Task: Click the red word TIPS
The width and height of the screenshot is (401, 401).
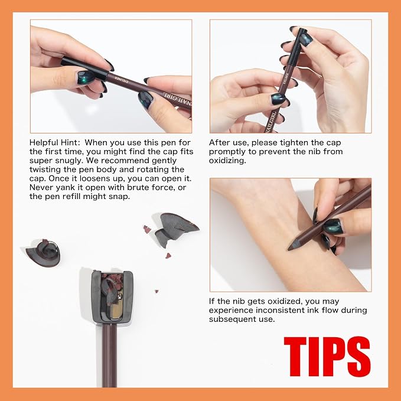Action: (x=327, y=356)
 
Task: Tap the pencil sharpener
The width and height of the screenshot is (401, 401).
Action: (x=112, y=296)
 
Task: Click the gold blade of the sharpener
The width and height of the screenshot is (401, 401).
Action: (x=117, y=310)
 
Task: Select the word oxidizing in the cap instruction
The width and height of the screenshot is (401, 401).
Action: (x=227, y=161)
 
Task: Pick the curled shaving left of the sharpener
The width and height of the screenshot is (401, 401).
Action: (x=44, y=253)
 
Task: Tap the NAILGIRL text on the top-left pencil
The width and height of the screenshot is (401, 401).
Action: (x=177, y=100)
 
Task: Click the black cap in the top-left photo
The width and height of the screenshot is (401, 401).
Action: (x=84, y=68)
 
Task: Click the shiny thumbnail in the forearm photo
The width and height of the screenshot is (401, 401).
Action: (x=332, y=226)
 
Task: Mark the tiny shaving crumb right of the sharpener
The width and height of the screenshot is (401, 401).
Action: (x=157, y=291)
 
